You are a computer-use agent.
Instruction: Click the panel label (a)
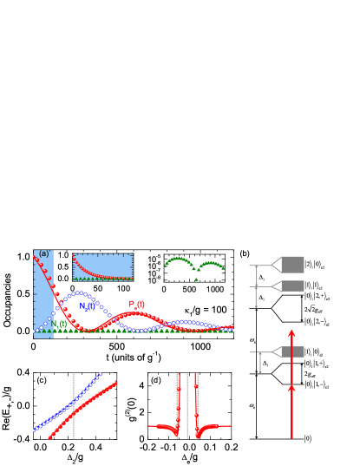(x=44, y=254)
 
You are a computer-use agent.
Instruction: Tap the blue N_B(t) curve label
(x=88, y=306)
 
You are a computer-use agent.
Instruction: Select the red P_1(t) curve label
(x=137, y=305)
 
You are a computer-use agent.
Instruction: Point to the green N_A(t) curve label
(x=59, y=325)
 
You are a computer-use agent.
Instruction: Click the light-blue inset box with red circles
(x=102, y=266)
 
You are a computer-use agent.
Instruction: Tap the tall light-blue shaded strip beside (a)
(x=43, y=295)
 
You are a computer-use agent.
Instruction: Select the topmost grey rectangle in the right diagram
(x=292, y=264)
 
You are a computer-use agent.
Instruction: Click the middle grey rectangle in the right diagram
(x=292, y=286)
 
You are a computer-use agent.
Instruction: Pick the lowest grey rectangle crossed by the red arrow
(x=292, y=351)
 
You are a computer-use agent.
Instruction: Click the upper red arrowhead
(x=291, y=333)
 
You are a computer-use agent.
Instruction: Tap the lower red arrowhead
(x=291, y=389)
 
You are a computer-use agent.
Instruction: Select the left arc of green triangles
(x=179, y=260)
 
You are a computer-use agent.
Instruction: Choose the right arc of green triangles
(x=211, y=264)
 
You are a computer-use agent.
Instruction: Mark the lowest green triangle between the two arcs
(x=196, y=279)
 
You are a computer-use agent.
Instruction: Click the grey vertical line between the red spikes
(x=187, y=406)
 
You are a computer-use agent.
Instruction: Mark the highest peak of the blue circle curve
(x=79, y=293)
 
